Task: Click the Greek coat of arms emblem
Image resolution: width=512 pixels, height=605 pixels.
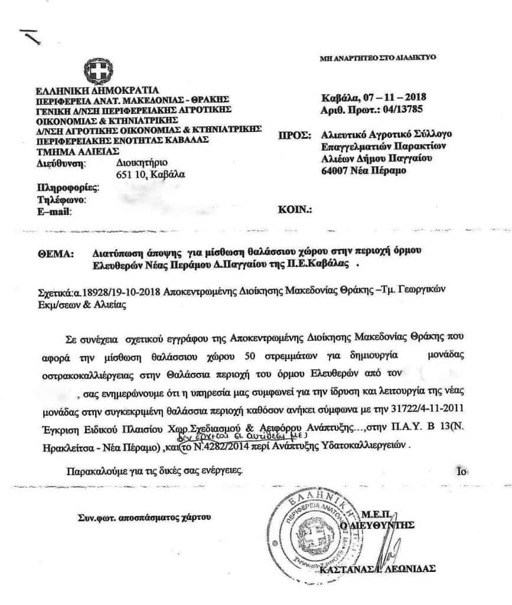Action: pos(94,71)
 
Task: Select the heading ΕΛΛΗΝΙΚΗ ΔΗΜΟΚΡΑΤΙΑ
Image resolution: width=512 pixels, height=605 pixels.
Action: pos(97,90)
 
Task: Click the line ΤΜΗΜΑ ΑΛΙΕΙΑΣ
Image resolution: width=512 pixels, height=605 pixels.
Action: pos(73,151)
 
